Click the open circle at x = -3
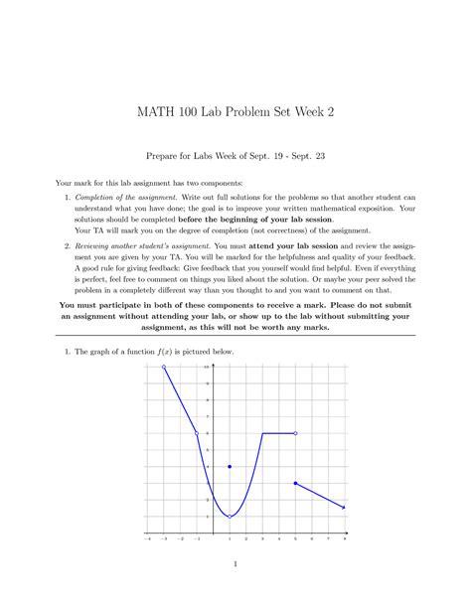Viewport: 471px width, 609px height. pyautogui.click(x=163, y=368)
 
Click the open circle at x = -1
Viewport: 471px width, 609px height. pyautogui.click(x=197, y=433)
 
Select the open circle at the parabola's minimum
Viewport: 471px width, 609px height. pyautogui.click(x=230, y=517)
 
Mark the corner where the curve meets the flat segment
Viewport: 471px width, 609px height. pyautogui.click(x=262, y=433)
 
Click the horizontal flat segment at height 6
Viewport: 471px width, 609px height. pyautogui.click(x=279, y=433)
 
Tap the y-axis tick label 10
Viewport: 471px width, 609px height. pyautogui.click(x=208, y=368)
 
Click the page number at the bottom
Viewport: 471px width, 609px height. pyautogui.click(x=235, y=566)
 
